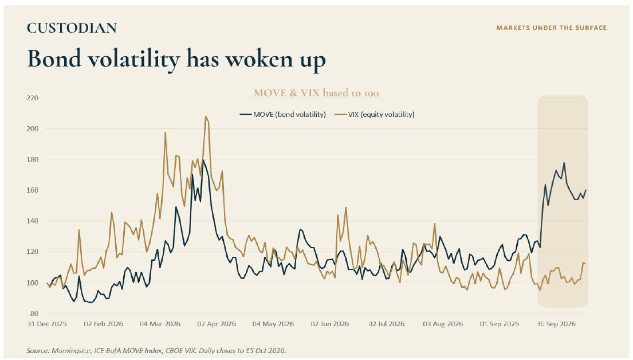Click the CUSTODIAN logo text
(72, 28)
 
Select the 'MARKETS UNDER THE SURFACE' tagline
(552, 28)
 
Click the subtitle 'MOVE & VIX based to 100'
(316, 93)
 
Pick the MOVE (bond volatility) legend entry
(282, 114)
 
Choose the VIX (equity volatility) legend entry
(375, 114)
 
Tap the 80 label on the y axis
(34, 314)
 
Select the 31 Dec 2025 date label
(47, 324)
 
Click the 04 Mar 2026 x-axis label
(160, 324)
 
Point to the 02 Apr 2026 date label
(217, 324)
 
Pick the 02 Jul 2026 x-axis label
(386, 324)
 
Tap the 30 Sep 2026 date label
(556, 324)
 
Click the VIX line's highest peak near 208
(206, 117)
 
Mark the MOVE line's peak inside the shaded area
(564, 163)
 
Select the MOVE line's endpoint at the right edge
(586, 190)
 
